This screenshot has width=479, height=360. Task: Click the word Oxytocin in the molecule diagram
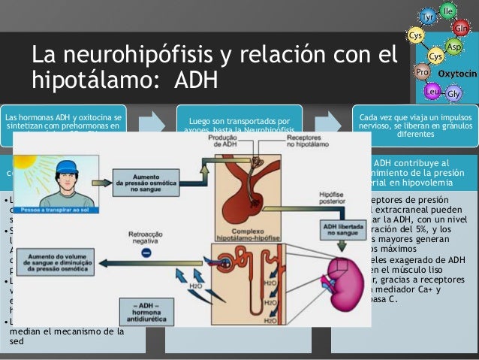coord(457,74)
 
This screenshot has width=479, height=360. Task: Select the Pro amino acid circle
coord(422,72)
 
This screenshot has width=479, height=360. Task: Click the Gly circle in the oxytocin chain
coord(453,94)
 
